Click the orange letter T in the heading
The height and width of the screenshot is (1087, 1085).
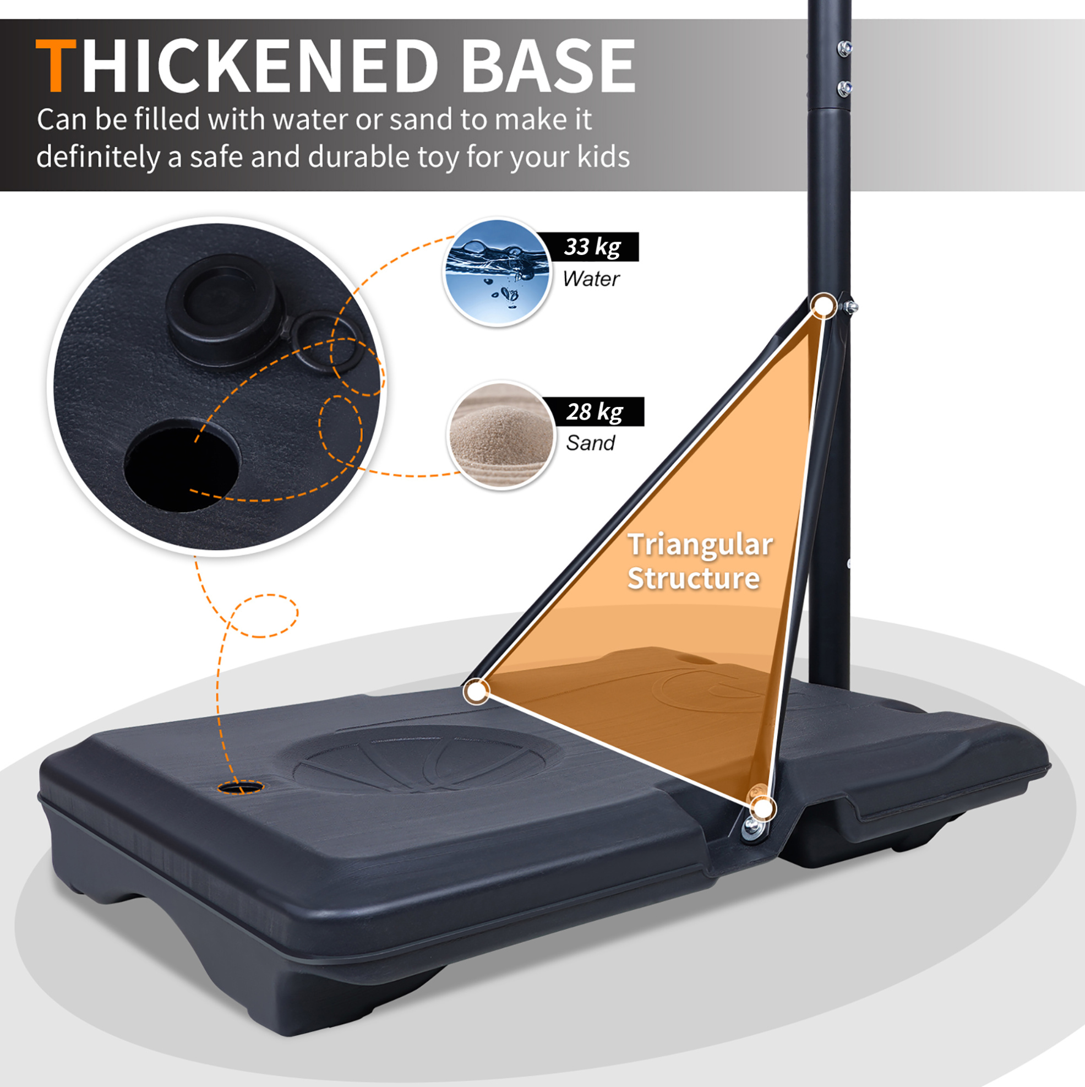coord(56,66)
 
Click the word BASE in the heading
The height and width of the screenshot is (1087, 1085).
coord(550,66)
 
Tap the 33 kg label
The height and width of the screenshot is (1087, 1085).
coord(592,247)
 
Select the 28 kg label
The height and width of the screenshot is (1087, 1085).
coord(595,411)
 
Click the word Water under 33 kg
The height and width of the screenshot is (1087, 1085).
coord(591,279)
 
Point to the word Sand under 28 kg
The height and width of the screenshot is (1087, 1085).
coord(590,443)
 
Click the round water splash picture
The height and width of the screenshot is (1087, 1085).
coord(497,273)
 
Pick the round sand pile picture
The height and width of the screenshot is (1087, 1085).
coord(500,436)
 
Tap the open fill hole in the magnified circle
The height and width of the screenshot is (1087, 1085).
coord(182,465)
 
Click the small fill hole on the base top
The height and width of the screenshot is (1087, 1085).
coord(241,786)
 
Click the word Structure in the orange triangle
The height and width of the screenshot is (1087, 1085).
coord(694,578)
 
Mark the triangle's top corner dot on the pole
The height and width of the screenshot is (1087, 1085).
coord(824,307)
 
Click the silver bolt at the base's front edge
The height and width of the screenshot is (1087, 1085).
coord(751,827)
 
